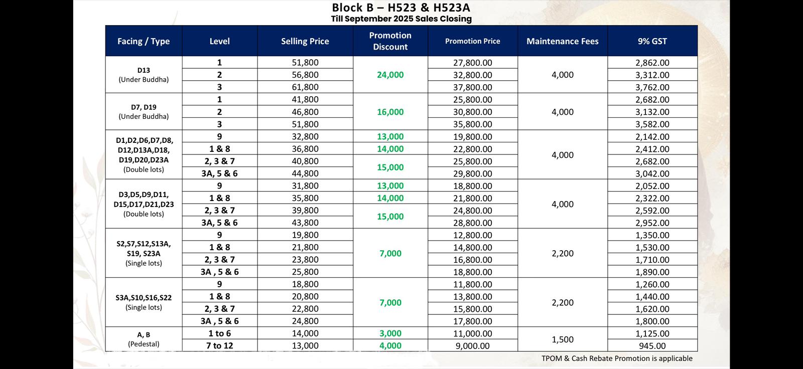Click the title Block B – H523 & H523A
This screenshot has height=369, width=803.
tap(401, 8)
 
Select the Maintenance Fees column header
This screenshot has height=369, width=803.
tap(562, 41)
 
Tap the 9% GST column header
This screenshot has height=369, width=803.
tap(652, 41)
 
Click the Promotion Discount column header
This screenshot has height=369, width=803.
tap(390, 41)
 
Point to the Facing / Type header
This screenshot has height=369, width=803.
tap(144, 41)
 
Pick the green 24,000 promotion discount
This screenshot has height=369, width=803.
tap(390, 75)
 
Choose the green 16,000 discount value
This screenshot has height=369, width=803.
tap(390, 112)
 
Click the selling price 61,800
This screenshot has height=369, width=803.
tap(305, 87)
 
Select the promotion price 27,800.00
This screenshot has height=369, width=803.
tap(472, 63)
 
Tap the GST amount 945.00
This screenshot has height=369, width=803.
tap(652, 346)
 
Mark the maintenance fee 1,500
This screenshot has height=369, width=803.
tap(562, 339)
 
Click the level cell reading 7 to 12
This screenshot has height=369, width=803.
tap(219, 346)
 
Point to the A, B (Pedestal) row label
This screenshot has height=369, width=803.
tap(144, 339)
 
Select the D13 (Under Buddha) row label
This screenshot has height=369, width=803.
tap(144, 75)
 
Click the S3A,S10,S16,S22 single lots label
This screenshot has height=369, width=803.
tap(144, 302)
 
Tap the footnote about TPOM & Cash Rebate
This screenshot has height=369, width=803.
tap(617, 358)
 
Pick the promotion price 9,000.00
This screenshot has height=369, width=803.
tap(472, 346)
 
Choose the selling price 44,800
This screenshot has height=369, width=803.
tap(305, 173)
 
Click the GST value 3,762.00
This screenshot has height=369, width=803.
tap(652, 87)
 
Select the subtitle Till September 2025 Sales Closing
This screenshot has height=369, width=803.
tap(401, 19)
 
